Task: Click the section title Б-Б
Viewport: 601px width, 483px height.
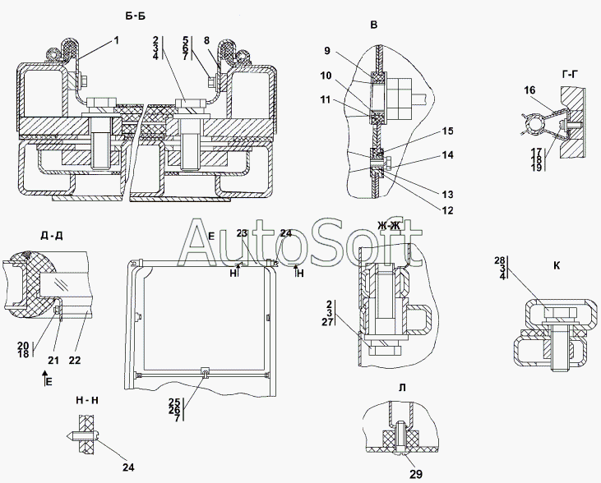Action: pyautogui.click(x=136, y=16)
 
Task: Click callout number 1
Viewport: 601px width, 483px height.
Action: pyautogui.click(x=116, y=40)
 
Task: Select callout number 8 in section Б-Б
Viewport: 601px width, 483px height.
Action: pyautogui.click(x=206, y=40)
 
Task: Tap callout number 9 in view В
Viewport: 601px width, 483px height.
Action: pyautogui.click(x=326, y=51)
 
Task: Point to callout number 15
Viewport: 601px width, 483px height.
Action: pyautogui.click(x=447, y=131)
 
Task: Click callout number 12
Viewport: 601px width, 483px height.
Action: pyautogui.click(x=447, y=210)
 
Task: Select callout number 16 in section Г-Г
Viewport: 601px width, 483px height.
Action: pyautogui.click(x=529, y=90)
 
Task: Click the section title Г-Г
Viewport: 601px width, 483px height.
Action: pyautogui.click(x=571, y=75)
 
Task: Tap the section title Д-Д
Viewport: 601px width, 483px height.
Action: pyautogui.click(x=51, y=236)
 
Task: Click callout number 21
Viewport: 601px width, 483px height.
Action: pyautogui.click(x=53, y=361)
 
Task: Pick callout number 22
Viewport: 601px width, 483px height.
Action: pyautogui.click(x=75, y=361)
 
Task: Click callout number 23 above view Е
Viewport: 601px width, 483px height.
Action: pyautogui.click(x=242, y=233)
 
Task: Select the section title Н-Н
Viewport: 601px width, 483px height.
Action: pyautogui.click(x=87, y=401)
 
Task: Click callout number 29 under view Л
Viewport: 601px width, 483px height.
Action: pyautogui.click(x=416, y=474)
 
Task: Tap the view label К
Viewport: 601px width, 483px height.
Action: pyautogui.click(x=557, y=265)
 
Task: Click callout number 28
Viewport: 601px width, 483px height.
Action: pyautogui.click(x=500, y=260)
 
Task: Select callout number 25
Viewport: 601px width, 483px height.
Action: pyautogui.click(x=174, y=402)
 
